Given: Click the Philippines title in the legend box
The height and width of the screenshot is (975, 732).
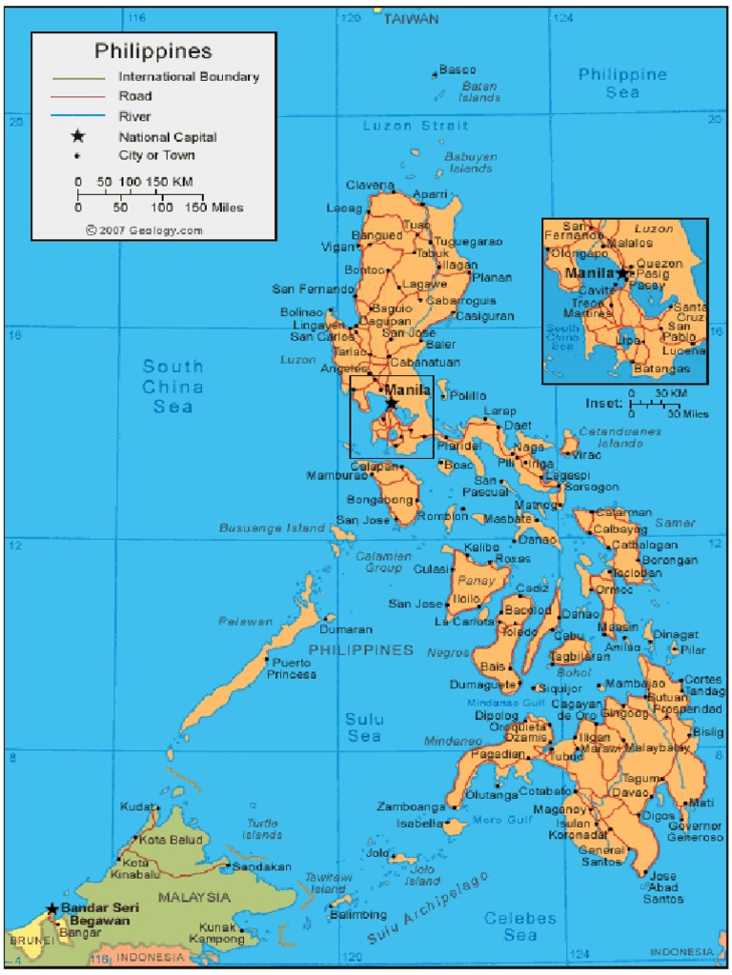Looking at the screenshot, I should pyautogui.click(x=152, y=50).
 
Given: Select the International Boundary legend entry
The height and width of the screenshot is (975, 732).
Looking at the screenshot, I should pyautogui.click(x=188, y=76).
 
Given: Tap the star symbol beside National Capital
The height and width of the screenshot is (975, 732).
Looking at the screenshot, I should pyautogui.click(x=77, y=136).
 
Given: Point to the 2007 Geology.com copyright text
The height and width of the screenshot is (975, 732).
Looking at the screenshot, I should pyautogui.click(x=144, y=229).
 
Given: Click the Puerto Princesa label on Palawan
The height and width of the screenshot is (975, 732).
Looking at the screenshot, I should pyautogui.click(x=291, y=668).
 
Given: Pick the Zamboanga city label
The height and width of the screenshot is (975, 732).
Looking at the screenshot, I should pyautogui.click(x=411, y=806).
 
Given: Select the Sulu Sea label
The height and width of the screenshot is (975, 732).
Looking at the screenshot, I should pyautogui.click(x=364, y=726).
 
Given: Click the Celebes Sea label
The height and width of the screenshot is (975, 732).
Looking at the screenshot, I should pyautogui.click(x=519, y=926).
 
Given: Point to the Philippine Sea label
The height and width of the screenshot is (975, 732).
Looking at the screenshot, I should pyautogui.click(x=622, y=83).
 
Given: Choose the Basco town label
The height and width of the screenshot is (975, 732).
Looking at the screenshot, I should pyautogui.click(x=457, y=70).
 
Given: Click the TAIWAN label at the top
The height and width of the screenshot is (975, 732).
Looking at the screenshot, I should pyautogui.click(x=411, y=18).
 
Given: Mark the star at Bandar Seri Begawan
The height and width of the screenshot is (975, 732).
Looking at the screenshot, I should pyautogui.click(x=51, y=909).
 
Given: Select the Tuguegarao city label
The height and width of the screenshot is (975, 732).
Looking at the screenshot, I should pyautogui.click(x=468, y=242).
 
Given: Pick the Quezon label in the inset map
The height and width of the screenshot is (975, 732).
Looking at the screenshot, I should pyautogui.click(x=659, y=263).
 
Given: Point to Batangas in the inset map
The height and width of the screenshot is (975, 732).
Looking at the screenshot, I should pyautogui.click(x=661, y=368).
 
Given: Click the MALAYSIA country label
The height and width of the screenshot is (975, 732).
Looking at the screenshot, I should pyautogui.click(x=193, y=897).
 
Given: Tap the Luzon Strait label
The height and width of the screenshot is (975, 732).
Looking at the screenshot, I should pyautogui.click(x=416, y=126).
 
